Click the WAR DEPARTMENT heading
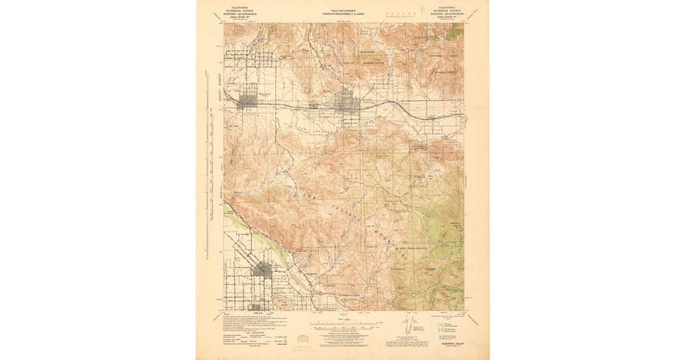click(342, 9)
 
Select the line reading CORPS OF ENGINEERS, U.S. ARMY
click(342, 13)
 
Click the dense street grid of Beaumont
click(248, 101)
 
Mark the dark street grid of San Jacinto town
click(262, 269)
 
